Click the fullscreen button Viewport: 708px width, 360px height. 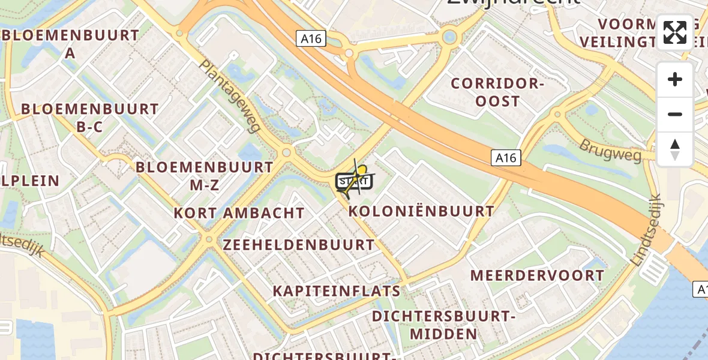(x=675, y=32)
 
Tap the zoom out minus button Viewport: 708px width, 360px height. (x=675, y=114)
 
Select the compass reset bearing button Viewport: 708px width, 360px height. (x=675, y=149)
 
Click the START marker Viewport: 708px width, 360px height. (x=352, y=181)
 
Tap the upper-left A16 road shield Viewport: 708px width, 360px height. (x=310, y=39)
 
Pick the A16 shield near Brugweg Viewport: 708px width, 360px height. (x=506, y=158)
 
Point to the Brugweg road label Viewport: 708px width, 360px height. (x=610, y=150)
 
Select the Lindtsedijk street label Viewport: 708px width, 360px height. (x=646, y=230)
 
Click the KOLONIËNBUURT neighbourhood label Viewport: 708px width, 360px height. (x=421, y=211)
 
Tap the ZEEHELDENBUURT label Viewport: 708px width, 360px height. (x=299, y=245)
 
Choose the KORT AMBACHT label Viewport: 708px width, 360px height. (x=239, y=213)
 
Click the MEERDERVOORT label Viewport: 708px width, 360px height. (x=537, y=275)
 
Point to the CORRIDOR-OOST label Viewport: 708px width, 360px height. (x=497, y=92)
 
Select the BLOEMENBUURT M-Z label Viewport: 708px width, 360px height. (x=205, y=175)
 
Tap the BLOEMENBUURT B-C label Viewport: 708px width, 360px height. (x=90, y=118)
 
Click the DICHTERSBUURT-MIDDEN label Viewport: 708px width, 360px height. (x=444, y=325)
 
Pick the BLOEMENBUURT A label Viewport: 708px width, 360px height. (x=71, y=43)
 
